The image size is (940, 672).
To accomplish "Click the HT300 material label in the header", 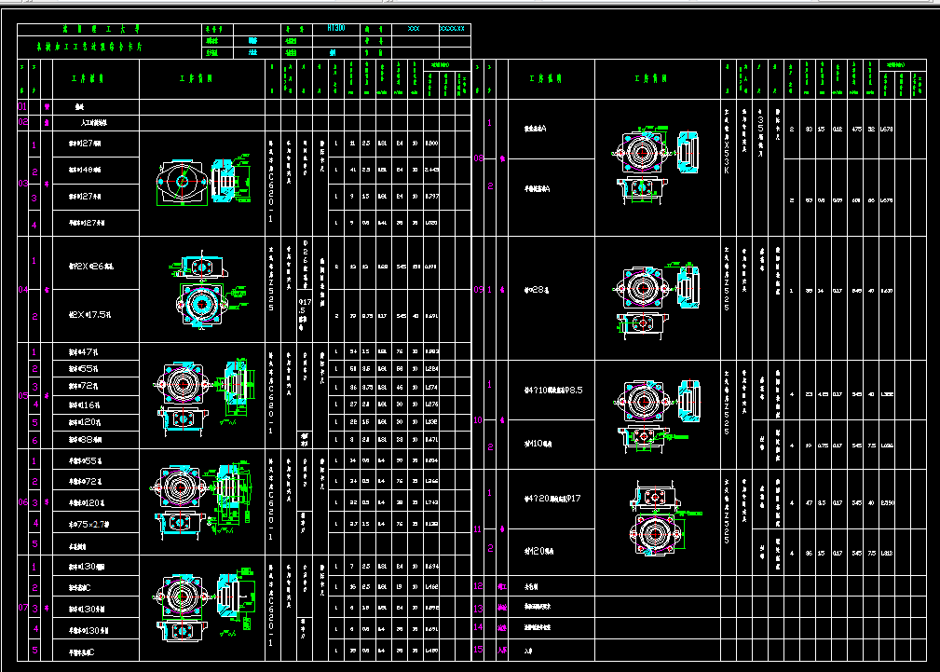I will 336,29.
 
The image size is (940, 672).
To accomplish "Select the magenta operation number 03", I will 22,184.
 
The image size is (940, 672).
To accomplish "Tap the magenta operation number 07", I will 22,608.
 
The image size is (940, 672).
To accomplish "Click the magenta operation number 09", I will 479,290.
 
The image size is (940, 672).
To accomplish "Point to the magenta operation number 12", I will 479,586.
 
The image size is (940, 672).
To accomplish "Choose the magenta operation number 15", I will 479,650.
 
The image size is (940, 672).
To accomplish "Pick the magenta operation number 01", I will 22,107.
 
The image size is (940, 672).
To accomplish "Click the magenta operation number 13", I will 479,608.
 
